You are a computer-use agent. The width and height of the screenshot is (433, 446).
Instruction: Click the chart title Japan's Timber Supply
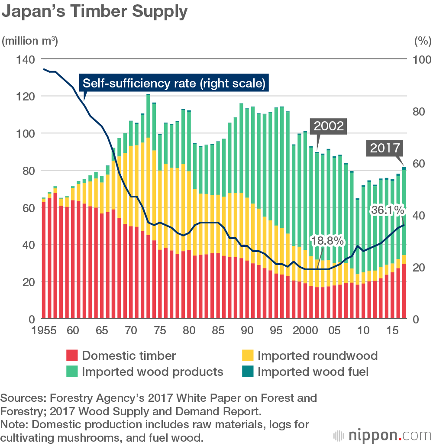click(x=95, y=12)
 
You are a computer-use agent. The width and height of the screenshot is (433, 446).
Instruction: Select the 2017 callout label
click(x=385, y=148)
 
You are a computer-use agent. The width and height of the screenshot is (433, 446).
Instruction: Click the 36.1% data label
click(x=388, y=211)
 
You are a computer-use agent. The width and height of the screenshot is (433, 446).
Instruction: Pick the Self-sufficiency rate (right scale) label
click(x=174, y=83)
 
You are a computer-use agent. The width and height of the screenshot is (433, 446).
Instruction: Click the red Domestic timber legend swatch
click(x=72, y=356)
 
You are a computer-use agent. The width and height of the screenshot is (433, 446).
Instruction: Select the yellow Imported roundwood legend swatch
click(x=247, y=356)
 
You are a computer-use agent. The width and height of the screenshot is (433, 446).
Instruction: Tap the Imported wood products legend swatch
click(x=72, y=372)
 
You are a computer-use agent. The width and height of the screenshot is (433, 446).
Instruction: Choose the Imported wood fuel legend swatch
click(x=247, y=372)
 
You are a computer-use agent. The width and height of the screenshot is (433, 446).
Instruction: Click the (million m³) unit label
click(x=30, y=42)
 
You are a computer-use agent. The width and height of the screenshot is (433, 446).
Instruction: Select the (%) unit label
click(x=422, y=42)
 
